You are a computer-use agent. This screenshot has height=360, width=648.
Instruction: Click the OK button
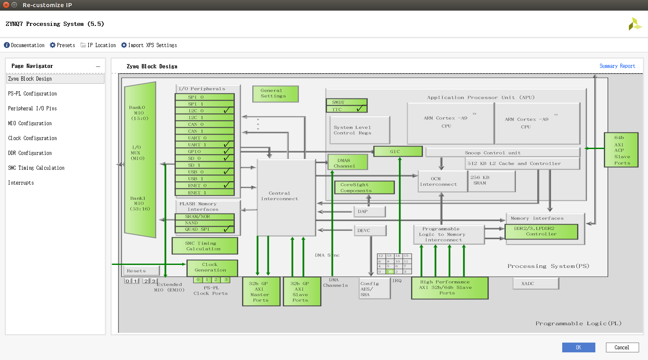point(578,347)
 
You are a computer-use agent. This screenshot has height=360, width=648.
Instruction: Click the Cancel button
point(622,347)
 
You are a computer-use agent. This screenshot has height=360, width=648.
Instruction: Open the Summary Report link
point(617,66)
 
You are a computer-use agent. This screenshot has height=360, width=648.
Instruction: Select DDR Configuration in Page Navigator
point(30,153)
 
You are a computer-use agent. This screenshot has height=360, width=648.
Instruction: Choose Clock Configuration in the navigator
point(32,138)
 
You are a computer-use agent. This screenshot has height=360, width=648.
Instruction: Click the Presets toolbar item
point(62,45)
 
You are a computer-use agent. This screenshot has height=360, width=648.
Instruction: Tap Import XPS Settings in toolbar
point(149,45)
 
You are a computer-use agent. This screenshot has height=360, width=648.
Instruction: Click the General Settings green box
point(275,93)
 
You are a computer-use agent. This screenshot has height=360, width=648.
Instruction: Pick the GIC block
point(397,152)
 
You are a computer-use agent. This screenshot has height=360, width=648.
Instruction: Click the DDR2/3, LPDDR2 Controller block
point(541,231)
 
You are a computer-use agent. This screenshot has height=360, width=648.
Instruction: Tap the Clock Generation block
point(211,267)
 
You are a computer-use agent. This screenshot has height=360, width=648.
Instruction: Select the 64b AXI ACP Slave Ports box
point(621,150)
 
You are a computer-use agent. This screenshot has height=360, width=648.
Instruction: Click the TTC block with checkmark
point(346,109)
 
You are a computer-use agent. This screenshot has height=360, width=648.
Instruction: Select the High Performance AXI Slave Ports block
point(449,288)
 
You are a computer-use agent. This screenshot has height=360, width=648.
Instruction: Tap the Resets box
point(141,271)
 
